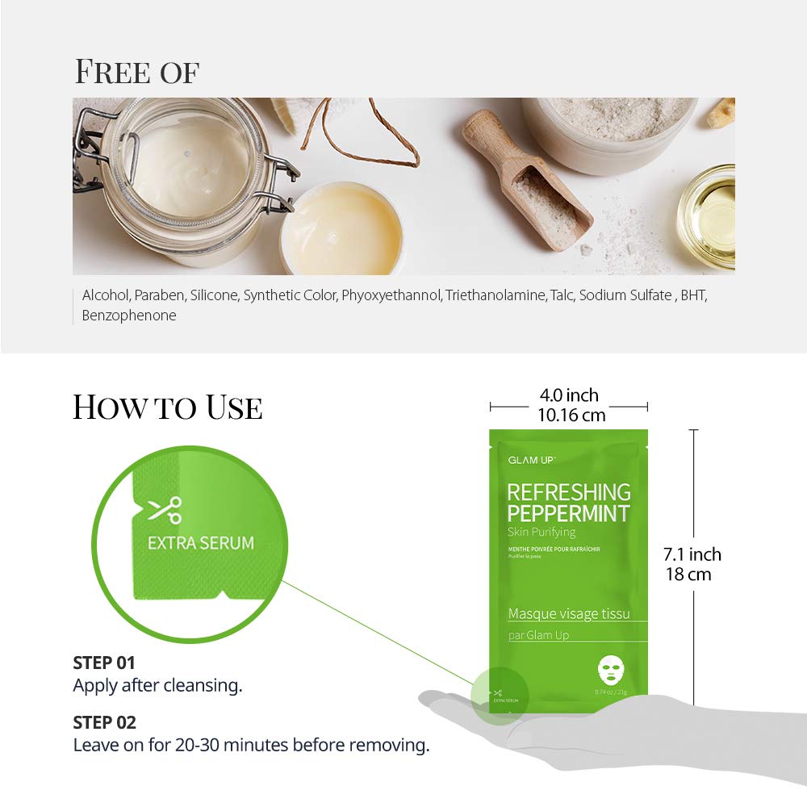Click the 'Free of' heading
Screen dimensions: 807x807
(136, 71)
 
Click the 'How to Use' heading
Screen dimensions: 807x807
(167, 407)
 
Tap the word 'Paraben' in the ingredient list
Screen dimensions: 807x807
(161, 295)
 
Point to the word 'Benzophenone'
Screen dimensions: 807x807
(129, 316)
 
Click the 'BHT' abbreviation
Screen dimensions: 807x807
(693, 295)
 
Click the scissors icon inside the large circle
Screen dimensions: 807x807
(165, 510)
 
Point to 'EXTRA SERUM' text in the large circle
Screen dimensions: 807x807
(200, 542)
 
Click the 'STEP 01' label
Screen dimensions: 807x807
(104, 663)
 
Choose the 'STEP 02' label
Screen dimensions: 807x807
(104, 722)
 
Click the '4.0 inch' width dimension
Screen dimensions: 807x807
(569, 395)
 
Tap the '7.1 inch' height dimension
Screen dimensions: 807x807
(692, 554)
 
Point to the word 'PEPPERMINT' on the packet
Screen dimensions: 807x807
(568, 513)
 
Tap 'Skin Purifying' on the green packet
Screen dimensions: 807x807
(541, 533)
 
